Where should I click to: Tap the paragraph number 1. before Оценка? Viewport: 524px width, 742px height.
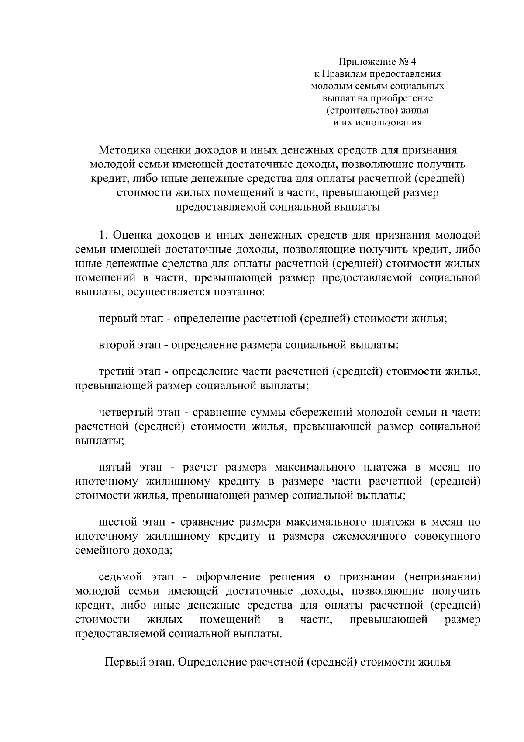point(103,235)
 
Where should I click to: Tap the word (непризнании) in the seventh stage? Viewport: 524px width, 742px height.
point(442,577)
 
